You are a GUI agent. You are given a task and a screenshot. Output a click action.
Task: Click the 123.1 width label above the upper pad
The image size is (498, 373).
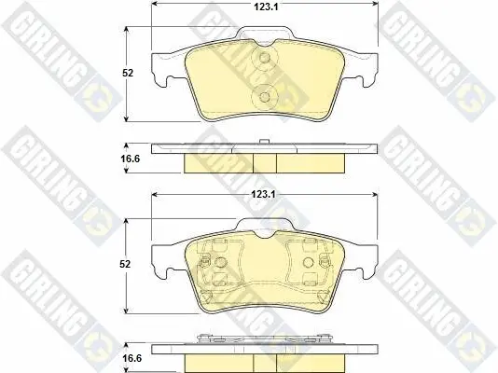266,7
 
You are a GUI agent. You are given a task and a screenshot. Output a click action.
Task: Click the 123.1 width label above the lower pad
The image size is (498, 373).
264,194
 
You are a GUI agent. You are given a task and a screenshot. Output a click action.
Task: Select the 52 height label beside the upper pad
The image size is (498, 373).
128,73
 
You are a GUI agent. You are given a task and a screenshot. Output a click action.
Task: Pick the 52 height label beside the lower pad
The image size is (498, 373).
125,264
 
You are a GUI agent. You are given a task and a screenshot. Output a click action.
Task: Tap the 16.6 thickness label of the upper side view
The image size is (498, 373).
130,159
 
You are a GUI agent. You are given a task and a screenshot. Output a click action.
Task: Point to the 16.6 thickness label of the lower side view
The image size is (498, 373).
132,358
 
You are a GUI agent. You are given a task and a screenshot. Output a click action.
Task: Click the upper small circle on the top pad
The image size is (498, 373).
264,58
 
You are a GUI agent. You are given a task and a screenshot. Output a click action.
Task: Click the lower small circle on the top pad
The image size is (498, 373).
264,96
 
